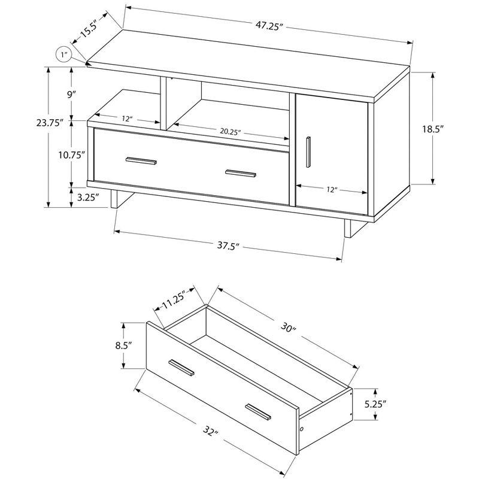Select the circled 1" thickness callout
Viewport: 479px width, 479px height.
64,56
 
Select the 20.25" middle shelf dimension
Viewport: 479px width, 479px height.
230,132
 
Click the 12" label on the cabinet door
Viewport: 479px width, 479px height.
332,189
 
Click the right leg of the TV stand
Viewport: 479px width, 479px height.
345,229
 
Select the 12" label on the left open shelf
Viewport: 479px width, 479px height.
127,119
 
